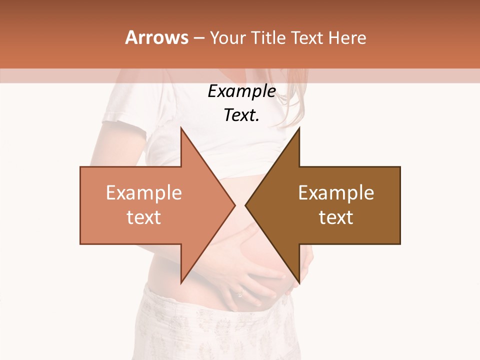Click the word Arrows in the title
(156, 37)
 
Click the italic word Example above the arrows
(241, 91)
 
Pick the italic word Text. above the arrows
(241, 115)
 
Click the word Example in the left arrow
(143, 193)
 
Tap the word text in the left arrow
(143, 217)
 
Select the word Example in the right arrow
(336, 193)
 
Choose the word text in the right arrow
(336, 217)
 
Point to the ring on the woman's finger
(240, 293)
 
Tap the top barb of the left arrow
(182, 131)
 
